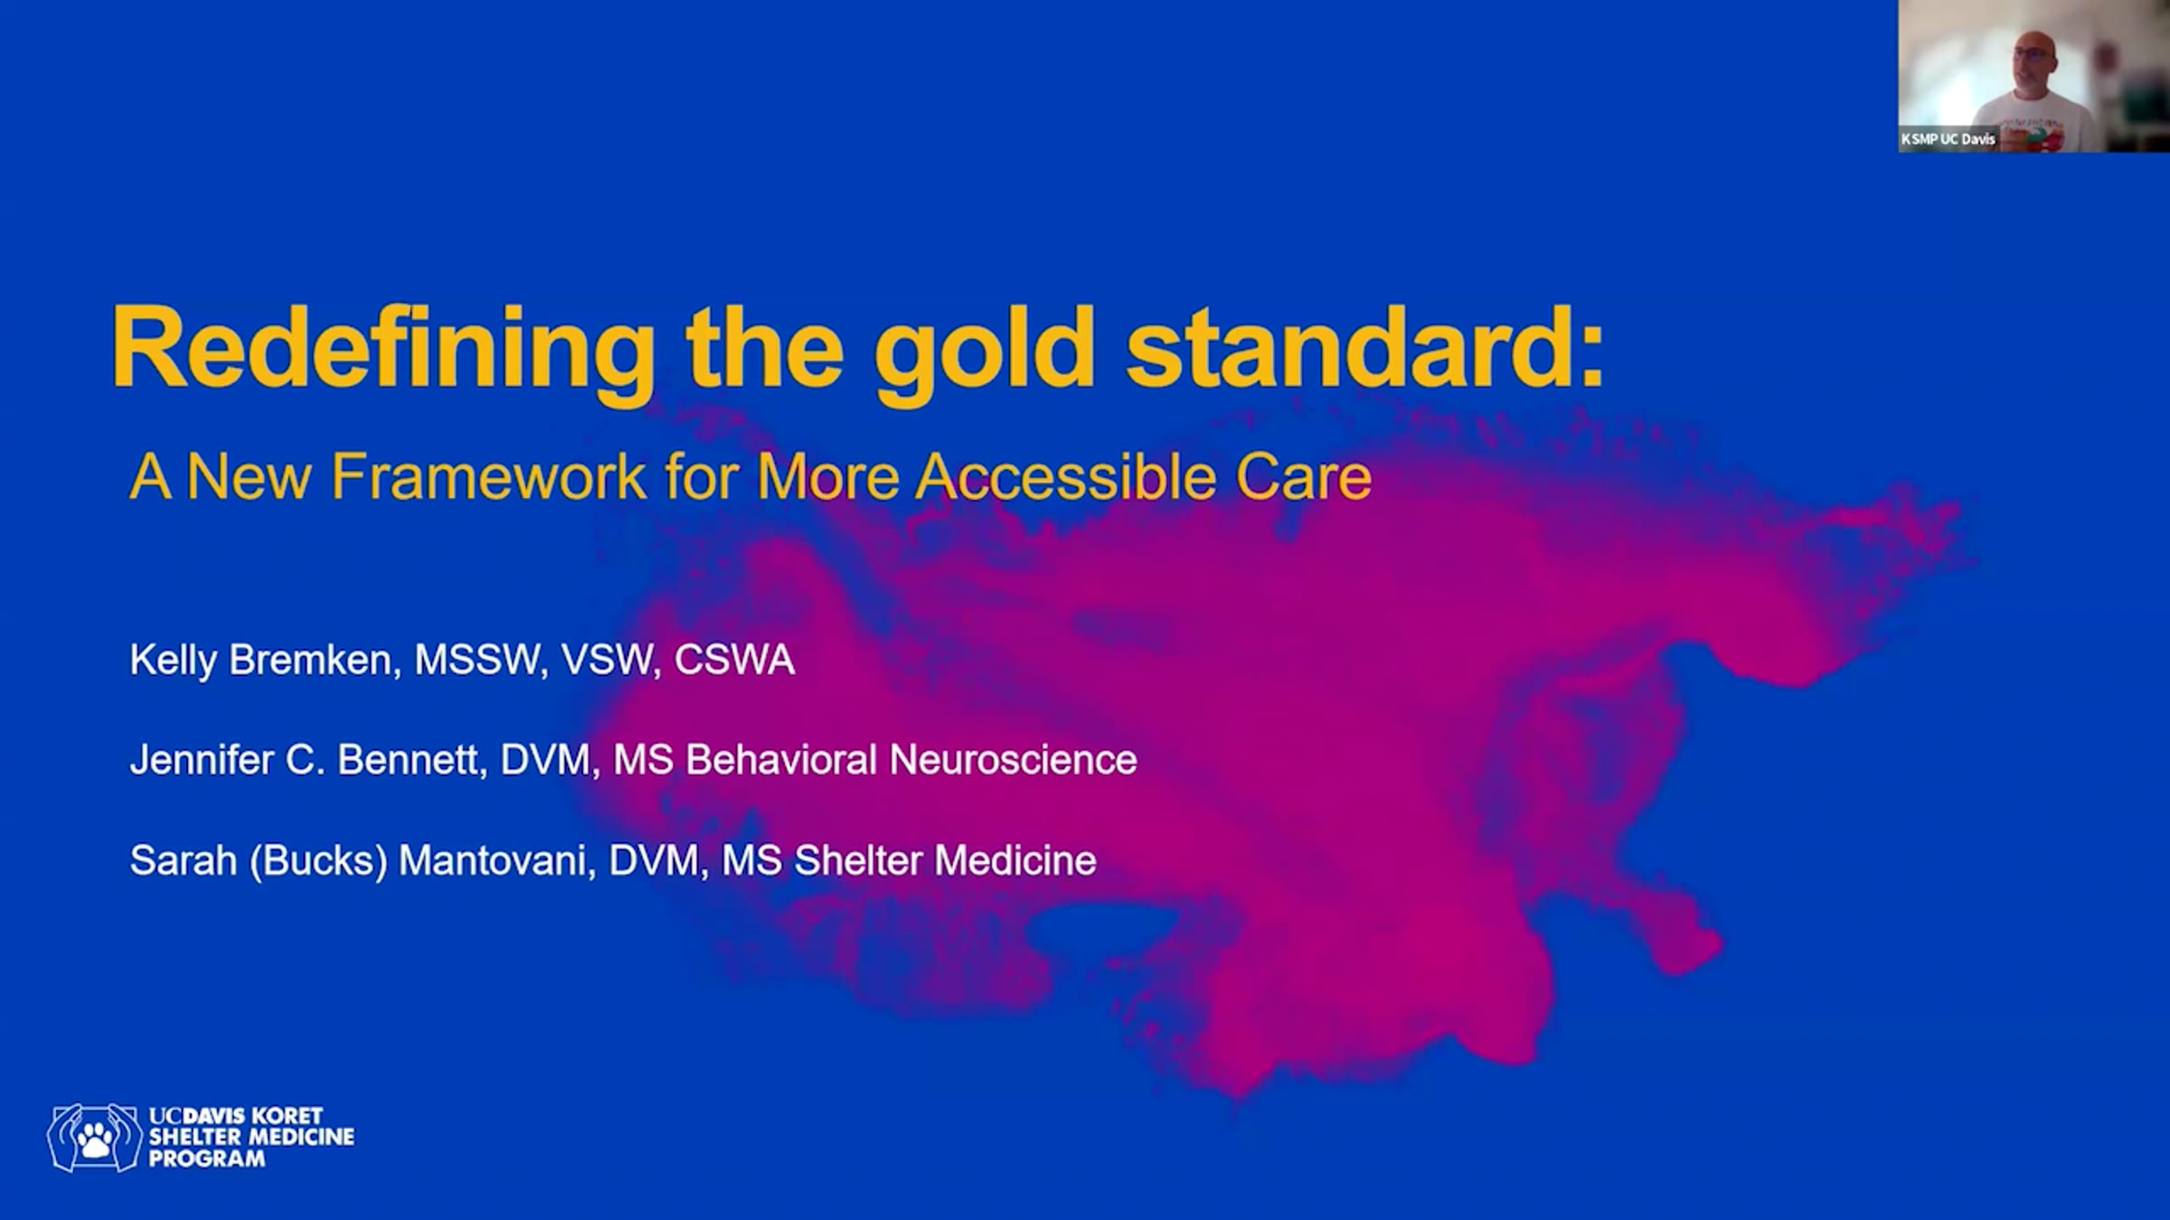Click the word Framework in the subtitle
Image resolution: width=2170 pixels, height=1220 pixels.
tap(488, 477)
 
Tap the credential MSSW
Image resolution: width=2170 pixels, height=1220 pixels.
tap(476, 661)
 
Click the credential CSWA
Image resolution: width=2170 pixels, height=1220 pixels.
tap(734, 661)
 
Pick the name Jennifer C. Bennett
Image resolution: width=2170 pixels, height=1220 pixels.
tap(303, 760)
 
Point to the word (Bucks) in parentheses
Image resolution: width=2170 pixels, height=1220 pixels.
tap(318, 861)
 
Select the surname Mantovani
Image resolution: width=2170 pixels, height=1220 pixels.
tap(494, 860)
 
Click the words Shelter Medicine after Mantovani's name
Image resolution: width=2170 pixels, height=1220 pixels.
tap(945, 860)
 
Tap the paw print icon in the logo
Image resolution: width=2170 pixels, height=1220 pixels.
tap(95, 1140)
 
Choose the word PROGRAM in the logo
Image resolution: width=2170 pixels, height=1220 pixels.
tap(207, 1159)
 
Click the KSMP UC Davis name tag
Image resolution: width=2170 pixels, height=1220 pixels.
tap(1948, 139)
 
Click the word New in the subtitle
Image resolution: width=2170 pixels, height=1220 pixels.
tap(249, 477)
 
